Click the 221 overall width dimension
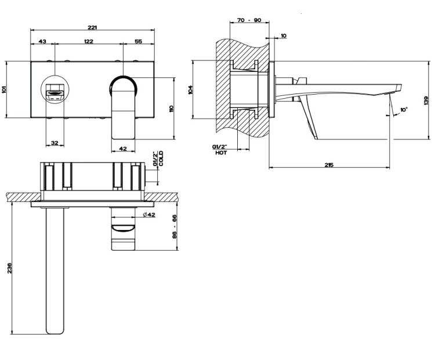tap(93, 27)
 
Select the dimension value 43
tap(42, 41)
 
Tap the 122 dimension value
tap(89, 41)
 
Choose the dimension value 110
tap(171, 109)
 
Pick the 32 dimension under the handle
tap(55, 143)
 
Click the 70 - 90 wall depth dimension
tap(249, 20)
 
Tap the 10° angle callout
tap(404, 109)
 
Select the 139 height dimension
tap(425, 103)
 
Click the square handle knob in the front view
tap(55, 92)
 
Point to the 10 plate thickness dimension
tap(283, 36)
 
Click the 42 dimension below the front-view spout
tap(122, 149)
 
